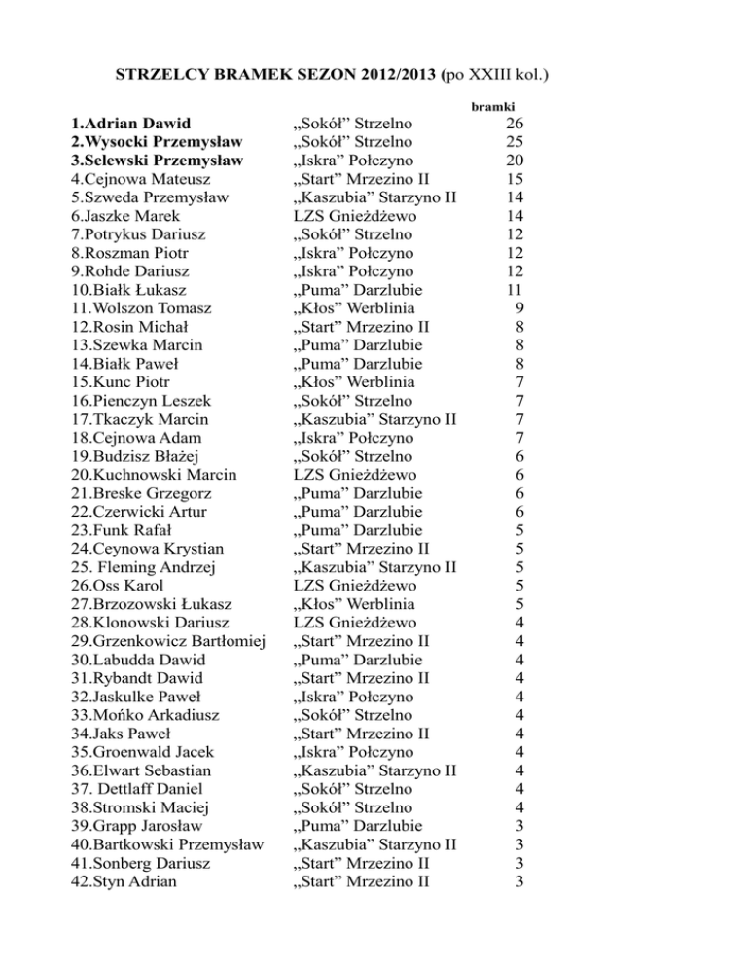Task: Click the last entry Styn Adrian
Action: coord(123,881)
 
